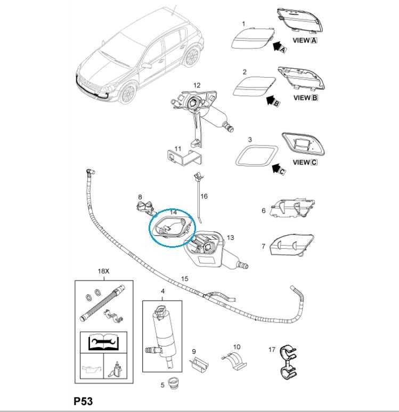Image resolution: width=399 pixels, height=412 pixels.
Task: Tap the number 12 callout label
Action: tap(197, 85)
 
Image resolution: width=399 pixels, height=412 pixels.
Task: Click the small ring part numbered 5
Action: tap(173, 383)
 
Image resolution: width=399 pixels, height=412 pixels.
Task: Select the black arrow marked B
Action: tap(272, 100)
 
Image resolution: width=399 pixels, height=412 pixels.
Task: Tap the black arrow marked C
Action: tap(277, 169)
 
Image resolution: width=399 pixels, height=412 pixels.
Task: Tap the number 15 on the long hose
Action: tap(185, 278)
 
